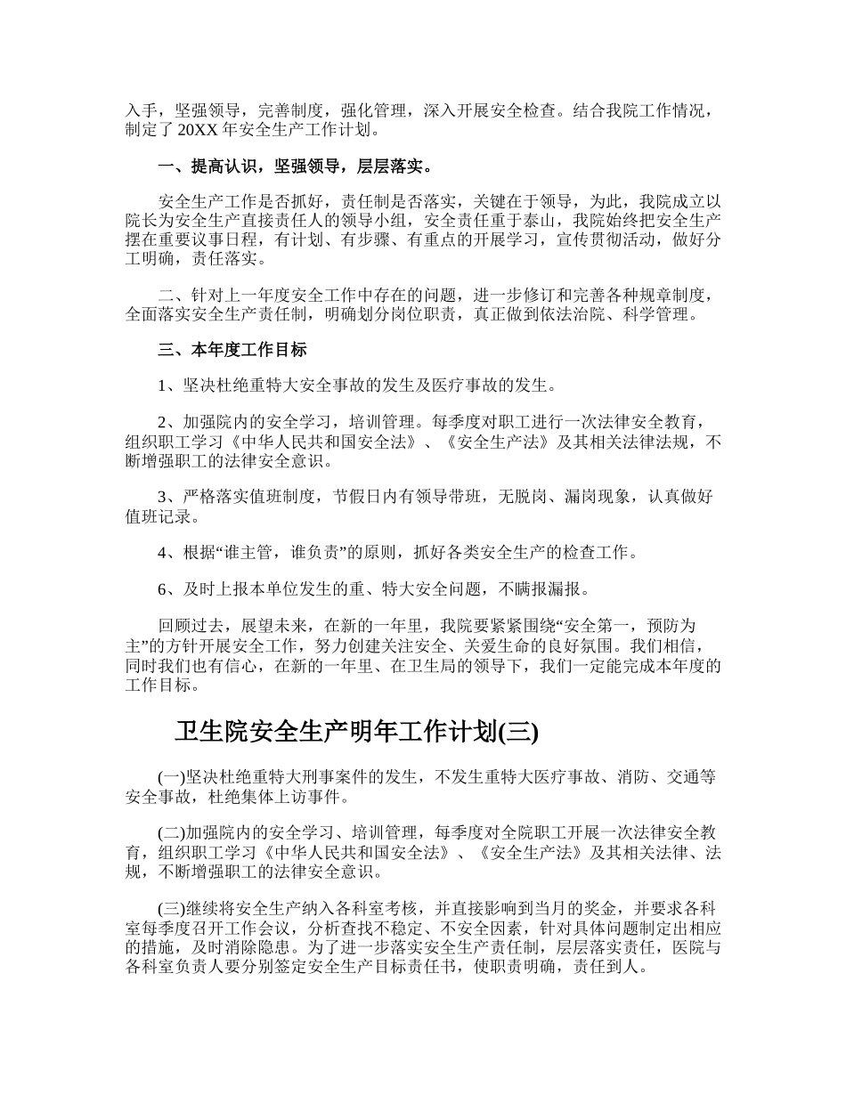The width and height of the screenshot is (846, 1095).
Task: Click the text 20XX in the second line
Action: [196, 130]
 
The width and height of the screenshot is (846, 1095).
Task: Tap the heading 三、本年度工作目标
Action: [232, 350]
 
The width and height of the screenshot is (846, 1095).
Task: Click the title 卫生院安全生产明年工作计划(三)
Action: [356, 732]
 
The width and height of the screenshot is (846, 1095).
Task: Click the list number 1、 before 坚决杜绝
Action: [170, 385]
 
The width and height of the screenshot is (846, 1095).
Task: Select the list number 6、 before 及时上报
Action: [170, 588]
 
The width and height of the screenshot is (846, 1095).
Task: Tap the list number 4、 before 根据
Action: [170, 553]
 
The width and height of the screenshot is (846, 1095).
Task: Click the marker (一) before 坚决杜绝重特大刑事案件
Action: [172, 777]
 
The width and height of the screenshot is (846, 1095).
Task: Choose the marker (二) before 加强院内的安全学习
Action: [172, 833]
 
